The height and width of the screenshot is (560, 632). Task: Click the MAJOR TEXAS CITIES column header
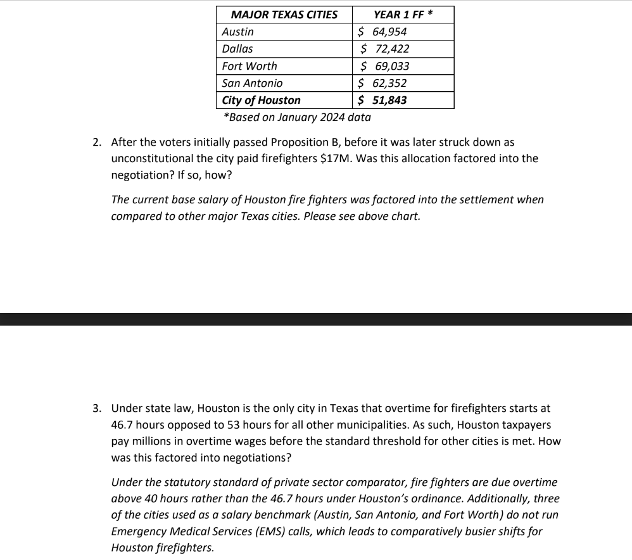tap(284, 15)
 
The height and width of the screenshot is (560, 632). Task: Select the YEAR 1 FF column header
tap(403, 15)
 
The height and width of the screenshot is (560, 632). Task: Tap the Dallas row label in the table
tap(237, 49)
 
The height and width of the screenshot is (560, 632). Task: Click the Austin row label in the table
tap(238, 32)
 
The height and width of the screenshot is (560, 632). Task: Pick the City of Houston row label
tap(262, 100)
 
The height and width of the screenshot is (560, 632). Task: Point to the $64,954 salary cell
tap(382, 32)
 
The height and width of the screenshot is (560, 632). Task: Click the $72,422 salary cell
tap(384, 49)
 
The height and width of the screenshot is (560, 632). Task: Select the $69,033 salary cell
tap(384, 66)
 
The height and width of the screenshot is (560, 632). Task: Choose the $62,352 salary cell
tap(382, 83)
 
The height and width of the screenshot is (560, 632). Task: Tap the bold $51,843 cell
tap(382, 100)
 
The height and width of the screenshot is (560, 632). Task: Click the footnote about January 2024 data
tap(297, 117)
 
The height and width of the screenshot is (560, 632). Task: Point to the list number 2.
tap(96, 142)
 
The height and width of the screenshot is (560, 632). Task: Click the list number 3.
tap(96, 409)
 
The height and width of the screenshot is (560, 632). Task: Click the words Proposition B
tap(306, 142)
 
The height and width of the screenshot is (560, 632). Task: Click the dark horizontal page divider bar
tap(316, 319)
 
